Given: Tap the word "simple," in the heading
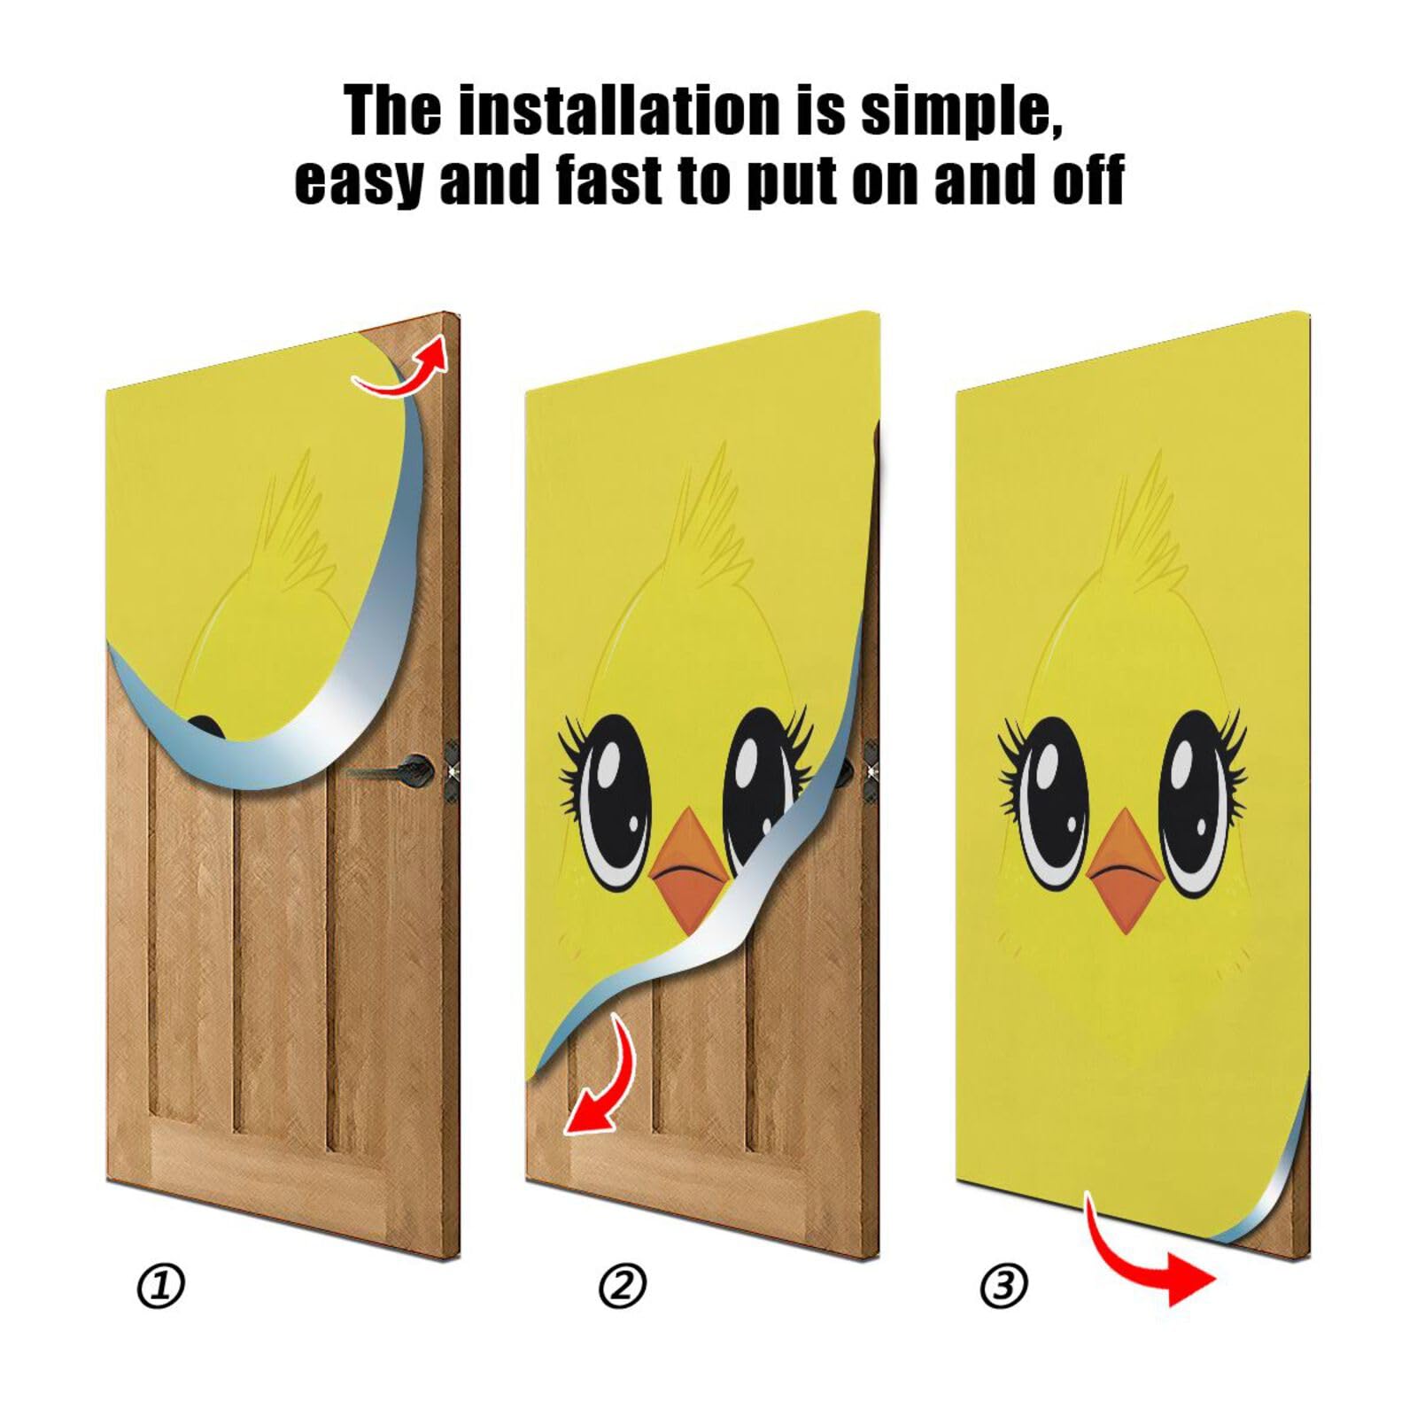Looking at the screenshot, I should click(x=961, y=111).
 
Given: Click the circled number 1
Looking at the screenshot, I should click(x=161, y=1286).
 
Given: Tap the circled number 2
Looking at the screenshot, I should click(x=623, y=1286).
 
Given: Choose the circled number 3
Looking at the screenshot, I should click(x=1004, y=1286).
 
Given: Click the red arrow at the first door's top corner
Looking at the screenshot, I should click(x=403, y=368).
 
